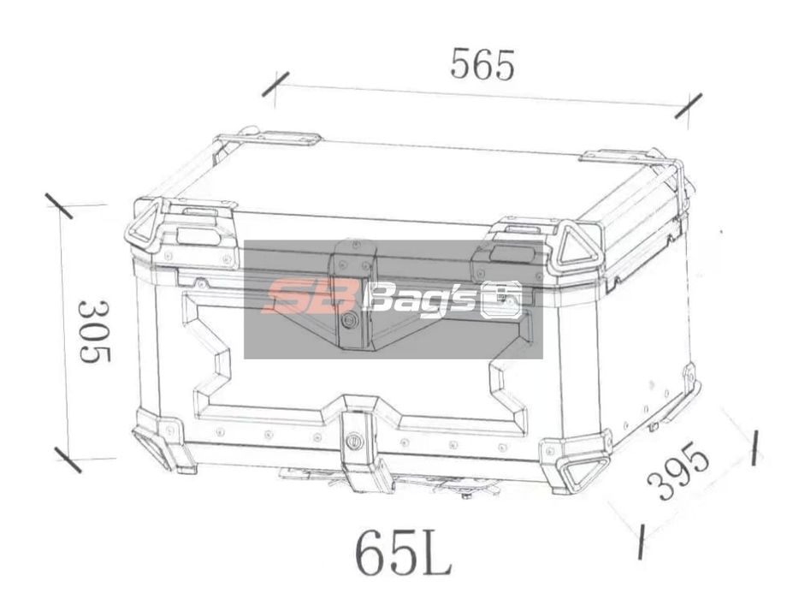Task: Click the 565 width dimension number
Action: (x=483, y=65)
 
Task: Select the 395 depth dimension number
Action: (x=678, y=472)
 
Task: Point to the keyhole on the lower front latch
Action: (x=353, y=443)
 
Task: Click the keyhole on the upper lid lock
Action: (x=348, y=319)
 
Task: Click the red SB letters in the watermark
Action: (x=300, y=299)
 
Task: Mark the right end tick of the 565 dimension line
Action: (x=689, y=106)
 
